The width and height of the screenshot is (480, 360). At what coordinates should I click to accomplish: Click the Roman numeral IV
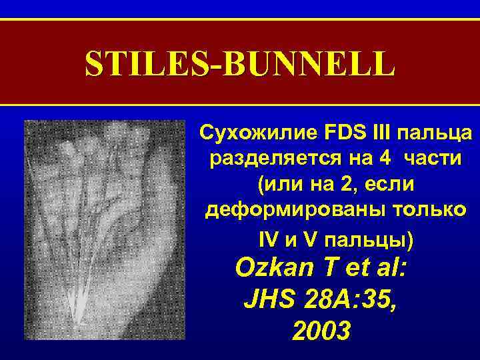[267, 239]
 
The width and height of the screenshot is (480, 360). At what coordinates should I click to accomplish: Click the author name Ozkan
[275, 270]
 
